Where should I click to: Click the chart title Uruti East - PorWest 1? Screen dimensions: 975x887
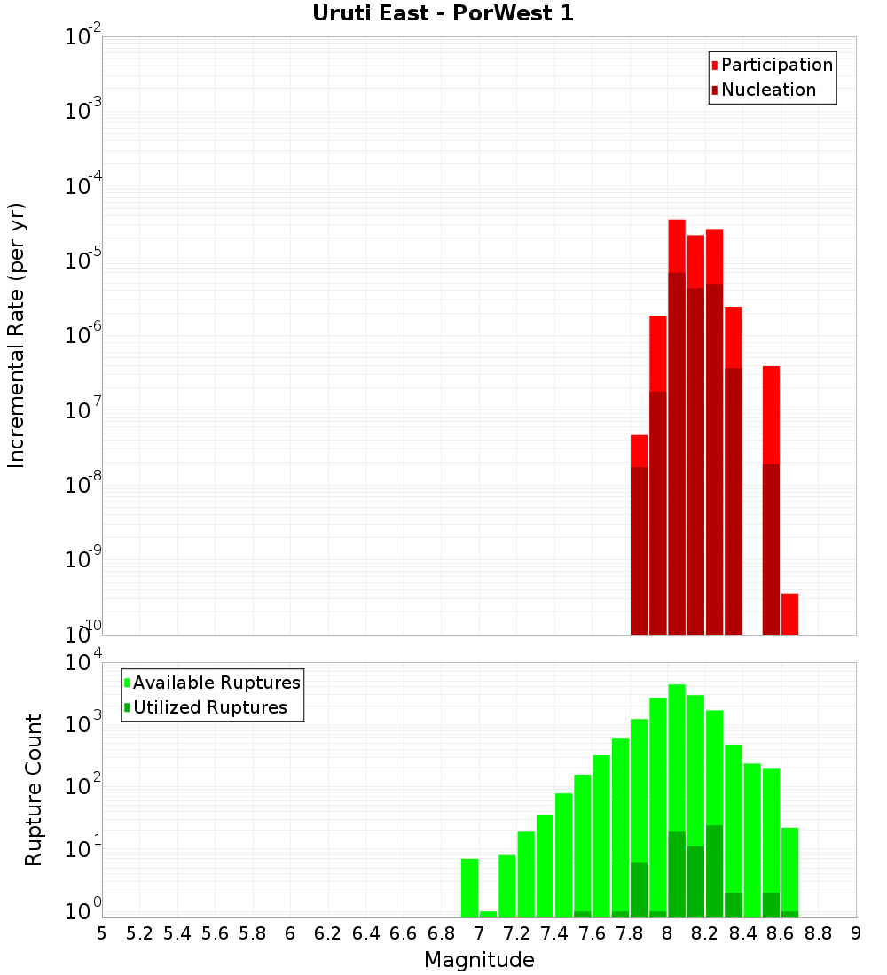pos(443,14)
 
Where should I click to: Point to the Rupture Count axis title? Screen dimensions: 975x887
pos(34,790)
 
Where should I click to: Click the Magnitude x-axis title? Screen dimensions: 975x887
pos(479,960)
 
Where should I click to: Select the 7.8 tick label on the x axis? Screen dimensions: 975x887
pos(630,933)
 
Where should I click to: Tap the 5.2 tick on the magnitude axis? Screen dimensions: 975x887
pos(139,933)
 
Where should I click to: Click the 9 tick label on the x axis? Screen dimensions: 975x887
pos(856,933)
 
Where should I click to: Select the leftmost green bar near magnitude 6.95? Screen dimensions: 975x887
pos(469,887)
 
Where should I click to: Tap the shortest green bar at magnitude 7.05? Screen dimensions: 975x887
pos(488,914)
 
